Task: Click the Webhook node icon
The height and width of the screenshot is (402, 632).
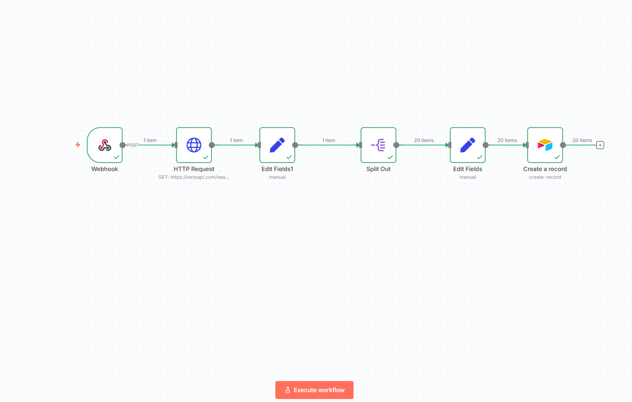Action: coord(105,145)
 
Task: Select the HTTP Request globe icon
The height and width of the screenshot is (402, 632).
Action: coord(194,145)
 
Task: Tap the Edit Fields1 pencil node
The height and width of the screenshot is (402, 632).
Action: coord(277,145)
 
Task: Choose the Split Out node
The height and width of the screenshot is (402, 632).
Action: coord(378,145)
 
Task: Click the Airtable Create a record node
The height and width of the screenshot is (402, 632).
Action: coord(545,145)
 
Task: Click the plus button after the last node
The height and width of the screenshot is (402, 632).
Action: coord(600,145)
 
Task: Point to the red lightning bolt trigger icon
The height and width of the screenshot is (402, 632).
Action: coord(78,145)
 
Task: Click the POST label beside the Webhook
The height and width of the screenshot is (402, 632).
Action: coord(132,145)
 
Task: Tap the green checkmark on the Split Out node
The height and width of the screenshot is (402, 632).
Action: coord(390,157)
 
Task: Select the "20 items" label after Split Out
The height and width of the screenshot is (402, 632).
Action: coord(424,140)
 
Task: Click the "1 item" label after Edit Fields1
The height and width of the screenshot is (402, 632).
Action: coord(329,140)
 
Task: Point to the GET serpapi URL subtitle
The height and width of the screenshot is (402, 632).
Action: coord(194,177)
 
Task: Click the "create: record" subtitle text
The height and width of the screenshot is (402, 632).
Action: coord(545,177)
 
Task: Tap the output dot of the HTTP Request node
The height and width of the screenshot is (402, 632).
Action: coord(212,145)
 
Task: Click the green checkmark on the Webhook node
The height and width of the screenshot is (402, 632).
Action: coord(117,157)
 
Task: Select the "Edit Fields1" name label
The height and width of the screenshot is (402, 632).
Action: coord(277,169)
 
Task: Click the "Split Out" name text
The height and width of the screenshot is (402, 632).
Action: coord(378,169)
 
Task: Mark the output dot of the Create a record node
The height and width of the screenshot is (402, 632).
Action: coord(563,145)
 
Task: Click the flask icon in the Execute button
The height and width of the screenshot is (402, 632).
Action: coord(288,390)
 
